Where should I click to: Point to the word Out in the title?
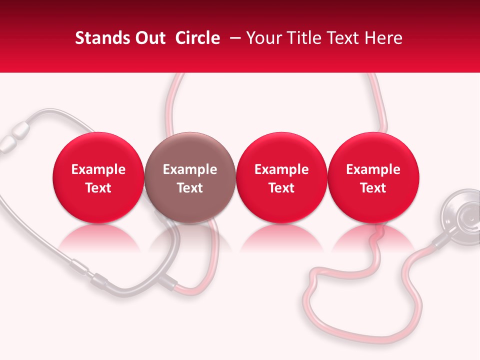click(x=147, y=38)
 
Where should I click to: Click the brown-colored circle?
click(x=189, y=177)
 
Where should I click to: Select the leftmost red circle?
click(x=98, y=177)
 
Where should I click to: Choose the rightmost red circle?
click(x=373, y=177)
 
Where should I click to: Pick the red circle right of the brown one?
click(x=281, y=177)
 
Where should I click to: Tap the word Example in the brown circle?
click(x=190, y=169)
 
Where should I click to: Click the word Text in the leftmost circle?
click(x=98, y=188)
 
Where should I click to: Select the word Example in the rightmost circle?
click(x=373, y=169)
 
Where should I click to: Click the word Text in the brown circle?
click(x=190, y=188)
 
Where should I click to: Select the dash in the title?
click(x=233, y=38)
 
